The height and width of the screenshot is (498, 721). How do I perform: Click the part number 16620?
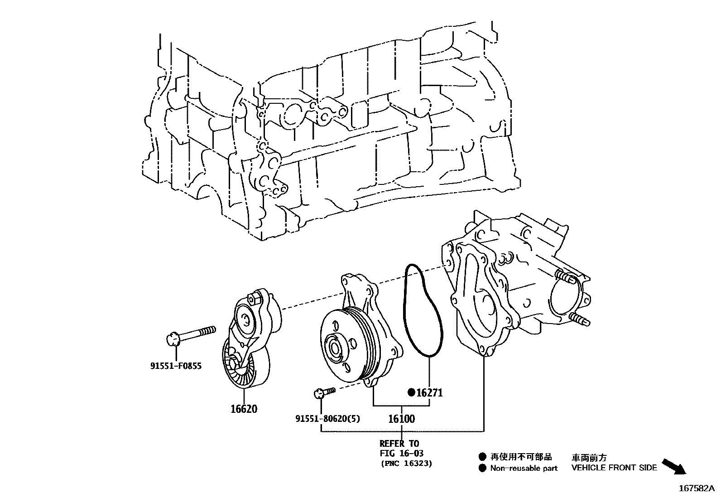[x=244, y=409]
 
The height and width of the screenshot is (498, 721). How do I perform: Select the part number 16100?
[x=401, y=419]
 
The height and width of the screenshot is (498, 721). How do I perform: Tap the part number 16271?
[x=429, y=392]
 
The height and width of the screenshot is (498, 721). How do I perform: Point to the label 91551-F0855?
[x=176, y=366]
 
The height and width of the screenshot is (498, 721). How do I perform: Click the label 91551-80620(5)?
[x=328, y=419]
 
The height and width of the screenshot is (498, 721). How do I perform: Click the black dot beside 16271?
[x=411, y=392]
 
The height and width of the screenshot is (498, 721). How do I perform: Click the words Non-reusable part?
[x=524, y=468]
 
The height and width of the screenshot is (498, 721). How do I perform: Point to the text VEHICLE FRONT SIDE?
[x=614, y=468]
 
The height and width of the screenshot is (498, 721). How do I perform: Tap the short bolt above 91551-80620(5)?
[x=324, y=391]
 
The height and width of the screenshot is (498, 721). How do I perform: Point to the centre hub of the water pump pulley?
[x=336, y=348]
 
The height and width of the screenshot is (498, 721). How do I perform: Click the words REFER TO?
[x=399, y=443]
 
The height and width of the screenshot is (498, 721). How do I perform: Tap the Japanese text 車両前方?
[x=588, y=458]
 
